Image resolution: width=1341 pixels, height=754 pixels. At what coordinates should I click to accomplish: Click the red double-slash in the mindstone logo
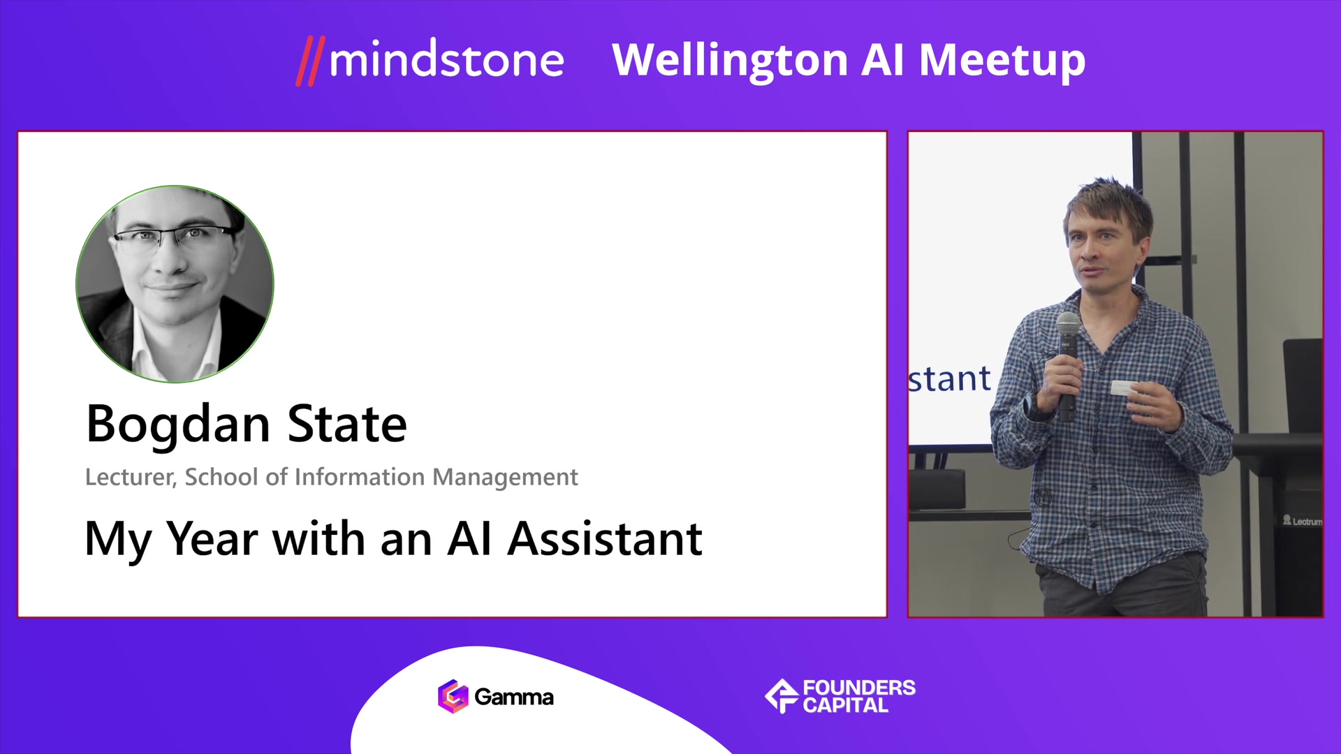coord(311,61)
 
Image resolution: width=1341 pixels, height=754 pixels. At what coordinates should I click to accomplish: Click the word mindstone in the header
coord(446,59)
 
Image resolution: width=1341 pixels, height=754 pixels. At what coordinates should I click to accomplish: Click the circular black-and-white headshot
coord(175,284)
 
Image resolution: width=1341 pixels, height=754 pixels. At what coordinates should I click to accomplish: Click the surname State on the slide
coord(347,424)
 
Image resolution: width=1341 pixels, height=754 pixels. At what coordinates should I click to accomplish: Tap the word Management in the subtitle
coord(505,478)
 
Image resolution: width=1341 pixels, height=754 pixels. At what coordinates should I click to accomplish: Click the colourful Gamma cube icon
coord(453,696)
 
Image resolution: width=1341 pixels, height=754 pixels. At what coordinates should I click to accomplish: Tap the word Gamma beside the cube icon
coord(514,697)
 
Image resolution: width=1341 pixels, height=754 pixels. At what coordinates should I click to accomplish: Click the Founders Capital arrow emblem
coord(782,695)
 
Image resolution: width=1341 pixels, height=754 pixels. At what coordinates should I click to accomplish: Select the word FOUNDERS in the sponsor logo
coord(859,688)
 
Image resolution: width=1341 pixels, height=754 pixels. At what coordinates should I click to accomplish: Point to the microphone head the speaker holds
coord(1069,325)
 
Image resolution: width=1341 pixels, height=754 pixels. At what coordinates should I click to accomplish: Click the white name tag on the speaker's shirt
coord(1124,388)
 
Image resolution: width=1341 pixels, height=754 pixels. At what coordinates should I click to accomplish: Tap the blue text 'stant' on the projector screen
coord(949,380)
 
